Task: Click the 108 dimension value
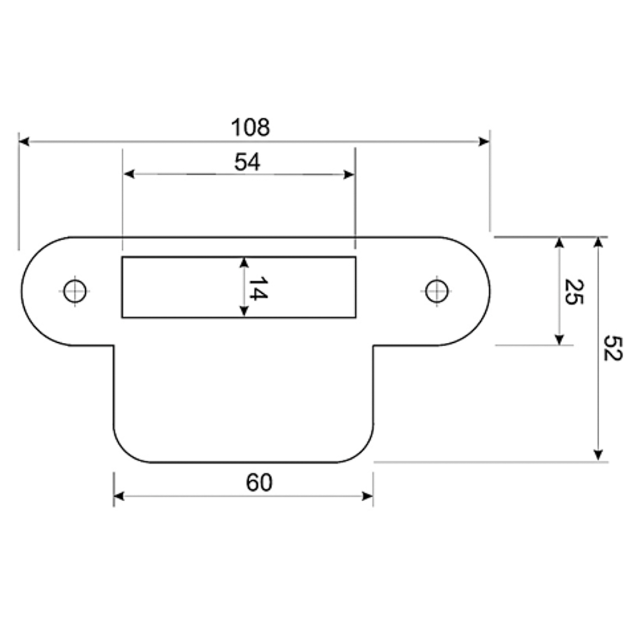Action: tap(250, 127)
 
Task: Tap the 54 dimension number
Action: tap(247, 162)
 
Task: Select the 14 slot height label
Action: tap(257, 288)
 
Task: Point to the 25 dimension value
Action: tap(574, 292)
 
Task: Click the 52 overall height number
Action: tap(612, 348)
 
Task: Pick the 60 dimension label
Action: tap(259, 483)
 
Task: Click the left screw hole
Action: tap(74, 291)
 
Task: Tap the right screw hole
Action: tap(437, 291)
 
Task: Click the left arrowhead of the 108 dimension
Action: tap(24, 142)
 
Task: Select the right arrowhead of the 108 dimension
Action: tap(484, 142)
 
